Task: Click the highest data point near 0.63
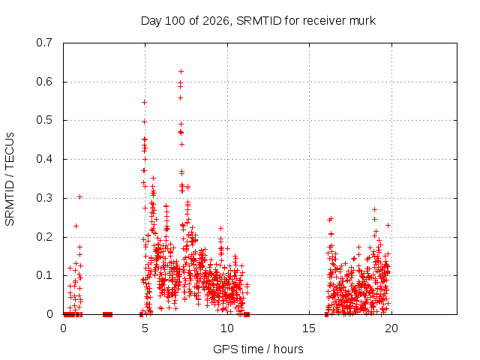181,72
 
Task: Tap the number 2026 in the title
216,21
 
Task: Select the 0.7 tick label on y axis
44,43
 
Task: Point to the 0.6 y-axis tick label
44,82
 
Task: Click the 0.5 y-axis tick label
44,120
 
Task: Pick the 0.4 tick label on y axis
44,159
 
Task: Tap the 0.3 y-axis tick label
44,198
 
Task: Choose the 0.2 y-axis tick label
44,237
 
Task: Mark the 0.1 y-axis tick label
44,275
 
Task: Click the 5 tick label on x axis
145,328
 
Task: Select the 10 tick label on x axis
227,328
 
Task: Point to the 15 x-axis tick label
309,328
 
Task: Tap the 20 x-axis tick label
391,328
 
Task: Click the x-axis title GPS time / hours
258,349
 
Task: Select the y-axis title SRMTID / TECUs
10,179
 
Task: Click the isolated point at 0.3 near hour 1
79,196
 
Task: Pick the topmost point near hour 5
144,102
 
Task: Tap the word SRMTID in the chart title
259,21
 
